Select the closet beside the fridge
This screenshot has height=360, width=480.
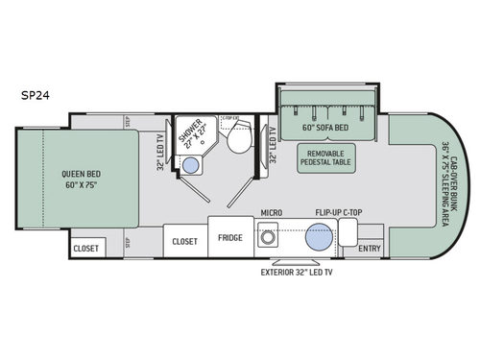pos(184,242)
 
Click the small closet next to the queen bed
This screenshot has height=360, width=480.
pos(85,247)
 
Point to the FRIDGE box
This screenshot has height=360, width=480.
pos(229,238)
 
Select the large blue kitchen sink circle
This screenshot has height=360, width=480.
pos(319,237)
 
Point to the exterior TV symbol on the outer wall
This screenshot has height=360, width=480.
pos(290,260)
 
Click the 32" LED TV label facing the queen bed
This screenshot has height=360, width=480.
pos(158,150)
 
